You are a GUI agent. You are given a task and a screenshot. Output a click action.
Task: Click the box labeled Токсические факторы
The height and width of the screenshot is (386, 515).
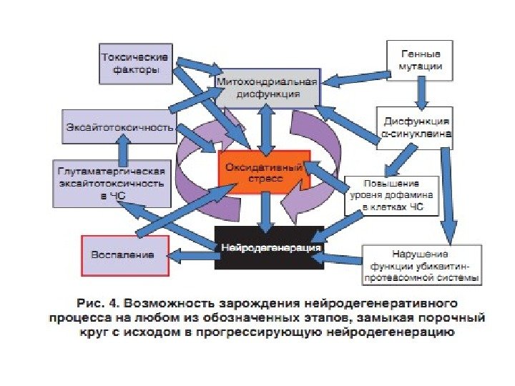click(x=135, y=62)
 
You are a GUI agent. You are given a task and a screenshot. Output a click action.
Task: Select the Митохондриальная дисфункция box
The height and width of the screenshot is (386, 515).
click(x=268, y=89)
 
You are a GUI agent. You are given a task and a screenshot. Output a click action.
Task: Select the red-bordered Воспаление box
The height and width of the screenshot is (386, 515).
click(x=124, y=254)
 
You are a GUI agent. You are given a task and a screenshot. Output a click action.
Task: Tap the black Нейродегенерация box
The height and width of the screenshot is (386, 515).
click(x=270, y=247)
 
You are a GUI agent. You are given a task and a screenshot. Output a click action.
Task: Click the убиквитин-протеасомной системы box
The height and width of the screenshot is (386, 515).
click(x=421, y=264)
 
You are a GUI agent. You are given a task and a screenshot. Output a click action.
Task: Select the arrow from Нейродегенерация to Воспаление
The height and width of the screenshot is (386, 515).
click(x=192, y=252)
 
